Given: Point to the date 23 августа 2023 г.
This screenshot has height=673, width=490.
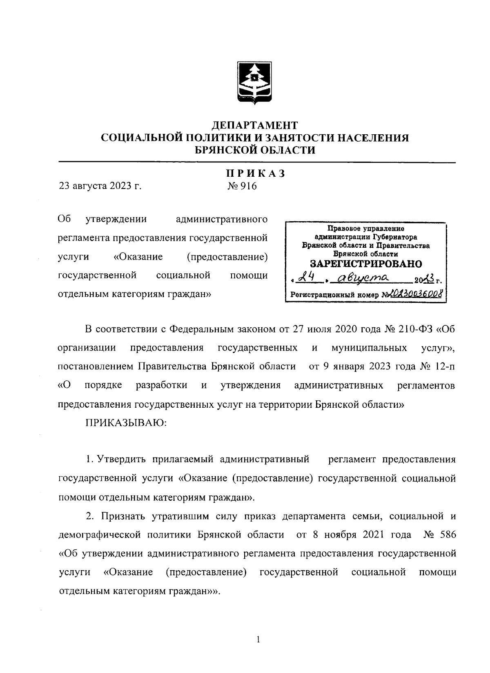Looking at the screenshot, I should point(100,187).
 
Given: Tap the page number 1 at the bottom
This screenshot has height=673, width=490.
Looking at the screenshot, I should point(258,640).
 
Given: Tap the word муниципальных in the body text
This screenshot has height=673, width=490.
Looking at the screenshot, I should point(369,348).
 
